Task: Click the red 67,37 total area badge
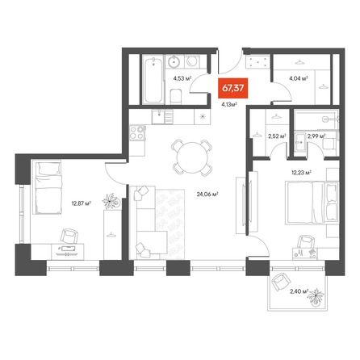pyautogui.click(x=233, y=88)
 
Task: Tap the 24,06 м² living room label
pyautogui.click(x=207, y=194)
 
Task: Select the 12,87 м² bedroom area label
pyautogui.click(x=81, y=203)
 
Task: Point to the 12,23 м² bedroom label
pyautogui.click(x=301, y=173)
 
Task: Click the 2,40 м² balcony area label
pyautogui.click(x=299, y=291)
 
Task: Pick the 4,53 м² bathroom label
pyautogui.click(x=182, y=78)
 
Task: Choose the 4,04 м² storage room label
pyautogui.click(x=299, y=78)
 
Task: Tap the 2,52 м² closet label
pyautogui.click(x=277, y=136)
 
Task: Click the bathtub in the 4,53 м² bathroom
pyautogui.click(x=153, y=80)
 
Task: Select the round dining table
pyautogui.click(x=192, y=157)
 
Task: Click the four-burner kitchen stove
pyautogui.click(x=137, y=132)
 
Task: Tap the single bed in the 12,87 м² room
pyautogui.click(x=48, y=186)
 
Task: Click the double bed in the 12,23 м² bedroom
pyautogui.click(x=312, y=203)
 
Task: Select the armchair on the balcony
pyautogui.click(x=281, y=282)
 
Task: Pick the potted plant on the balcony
pyautogui.click(x=316, y=297)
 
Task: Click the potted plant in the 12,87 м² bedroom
pyautogui.click(x=111, y=201)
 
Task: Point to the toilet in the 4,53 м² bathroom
pyautogui.click(x=176, y=97)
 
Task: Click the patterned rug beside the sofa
pyautogui.click(x=170, y=224)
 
